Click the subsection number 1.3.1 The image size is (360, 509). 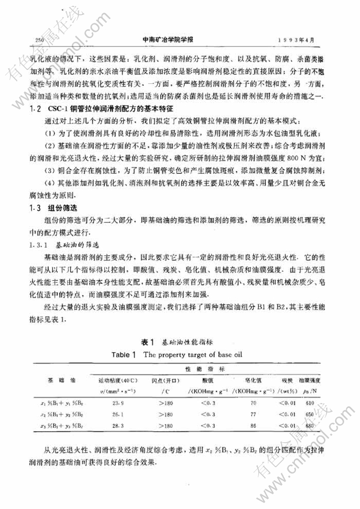click(39, 245)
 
